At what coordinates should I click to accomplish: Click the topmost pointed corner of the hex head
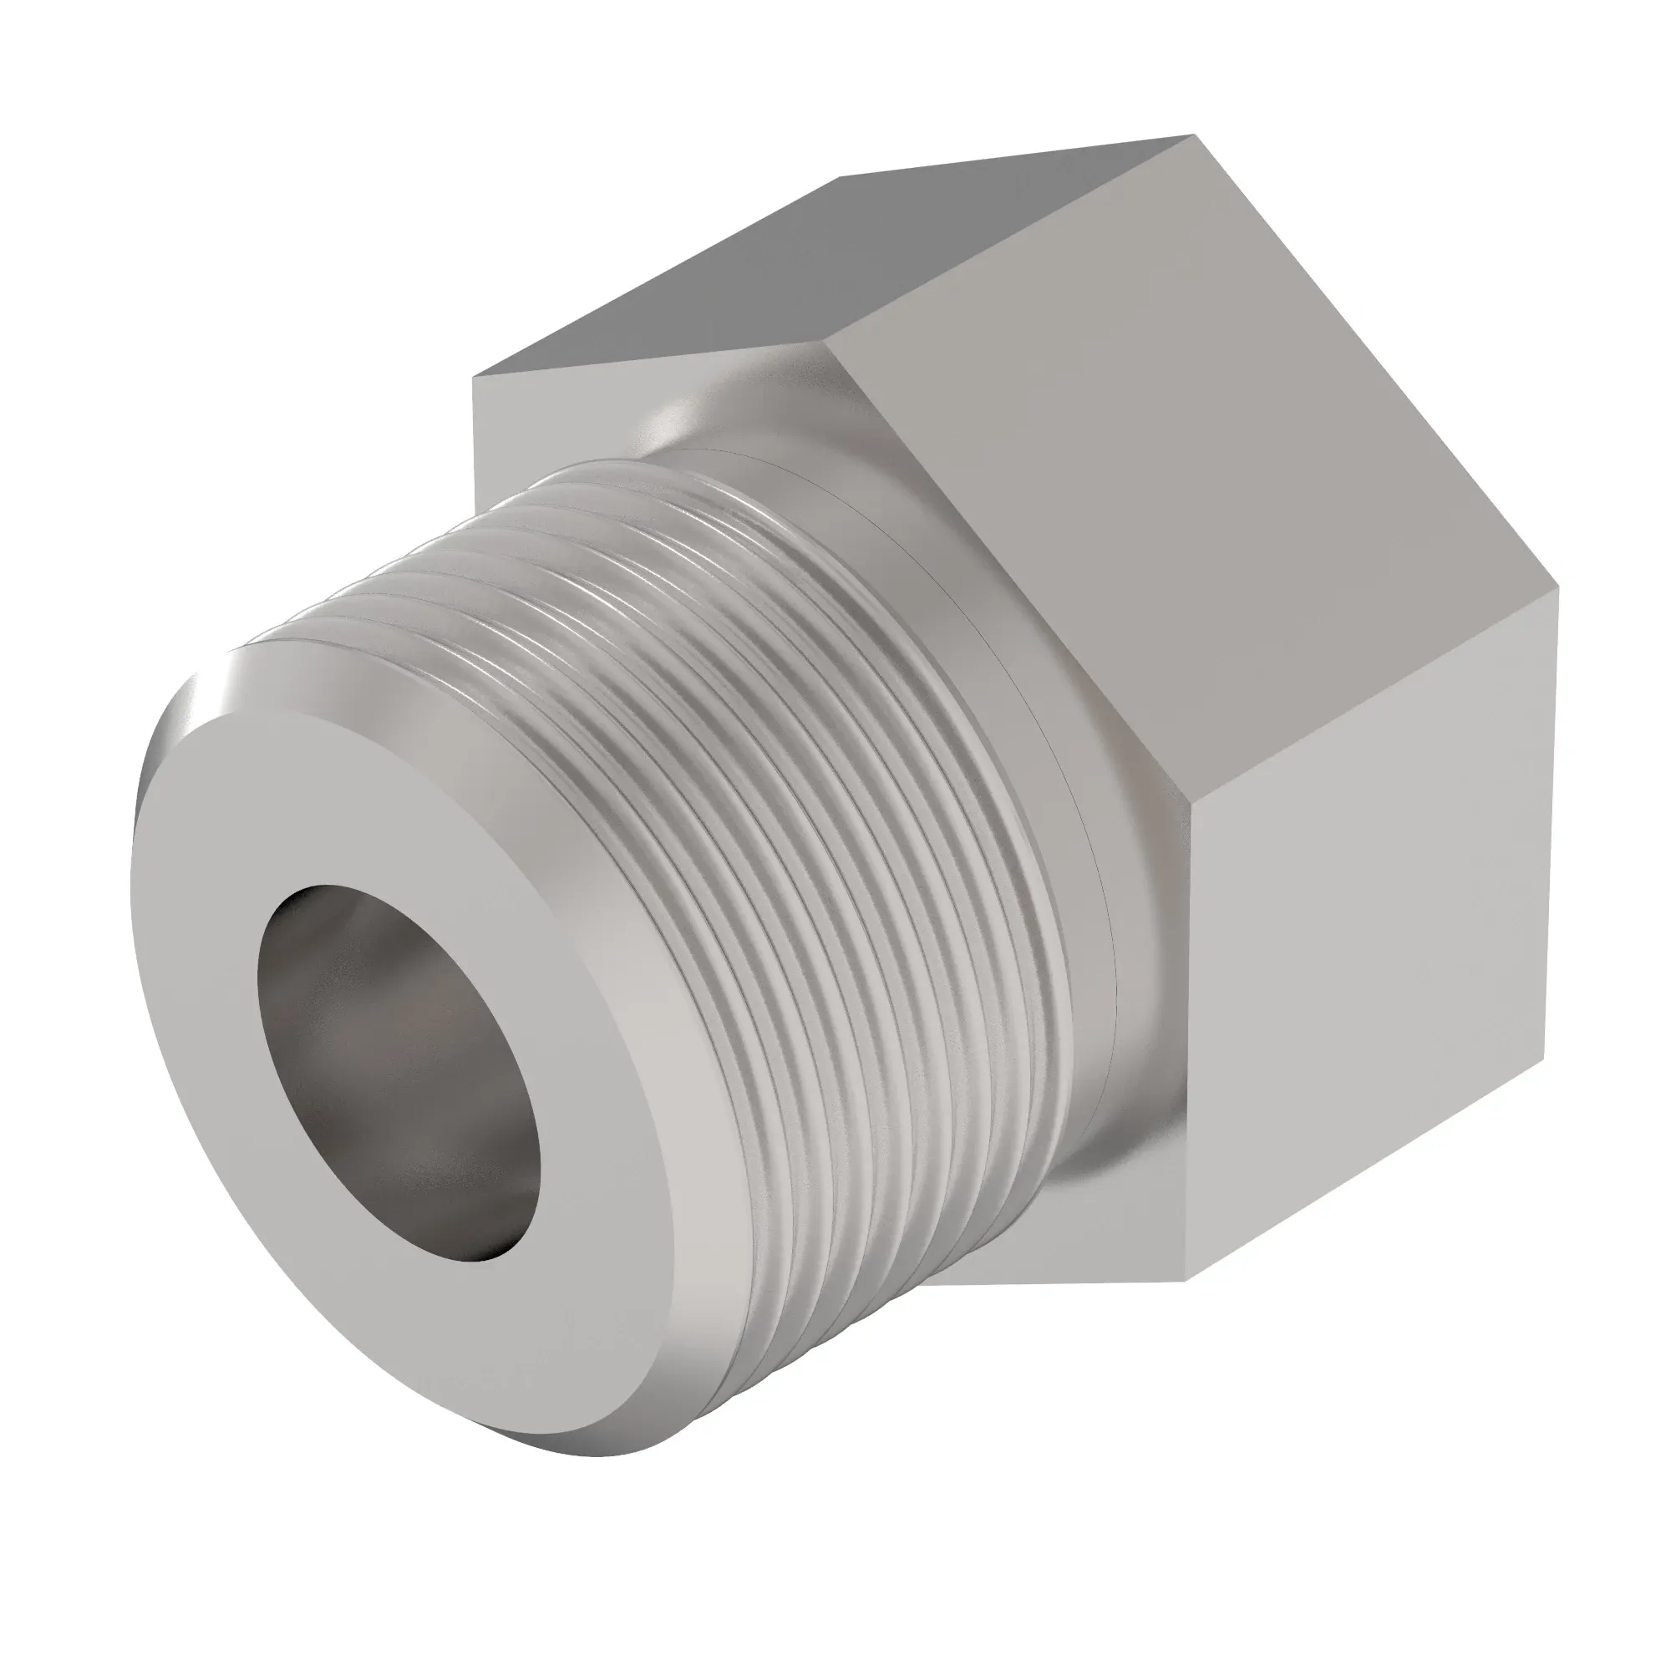point(1194,136)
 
